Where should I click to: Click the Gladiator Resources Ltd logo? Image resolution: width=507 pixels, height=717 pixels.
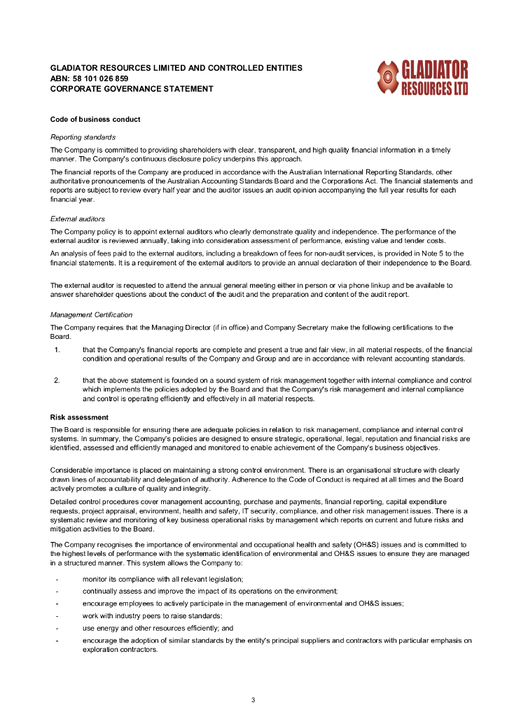point(422,78)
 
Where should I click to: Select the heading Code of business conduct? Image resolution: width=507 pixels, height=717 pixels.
point(95,119)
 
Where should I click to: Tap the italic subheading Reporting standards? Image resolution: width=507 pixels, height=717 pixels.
point(83,137)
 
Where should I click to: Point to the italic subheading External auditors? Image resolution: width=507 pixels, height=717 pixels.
point(78,219)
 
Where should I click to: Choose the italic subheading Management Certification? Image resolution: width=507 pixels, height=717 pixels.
point(91,314)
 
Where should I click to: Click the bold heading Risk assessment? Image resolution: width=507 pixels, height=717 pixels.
point(79,417)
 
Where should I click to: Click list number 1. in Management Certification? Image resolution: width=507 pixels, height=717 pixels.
point(57,349)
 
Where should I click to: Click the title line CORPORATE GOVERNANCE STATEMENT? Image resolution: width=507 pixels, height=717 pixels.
point(132,89)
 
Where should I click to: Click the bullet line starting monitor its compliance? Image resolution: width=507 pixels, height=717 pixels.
point(162,579)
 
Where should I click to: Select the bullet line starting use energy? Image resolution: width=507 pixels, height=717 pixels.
point(158,628)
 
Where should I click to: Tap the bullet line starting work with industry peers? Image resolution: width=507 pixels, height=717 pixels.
point(152,615)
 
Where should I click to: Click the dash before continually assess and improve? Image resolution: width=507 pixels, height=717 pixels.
point(57,592)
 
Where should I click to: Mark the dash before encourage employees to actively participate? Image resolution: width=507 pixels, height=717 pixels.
point(57,604)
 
